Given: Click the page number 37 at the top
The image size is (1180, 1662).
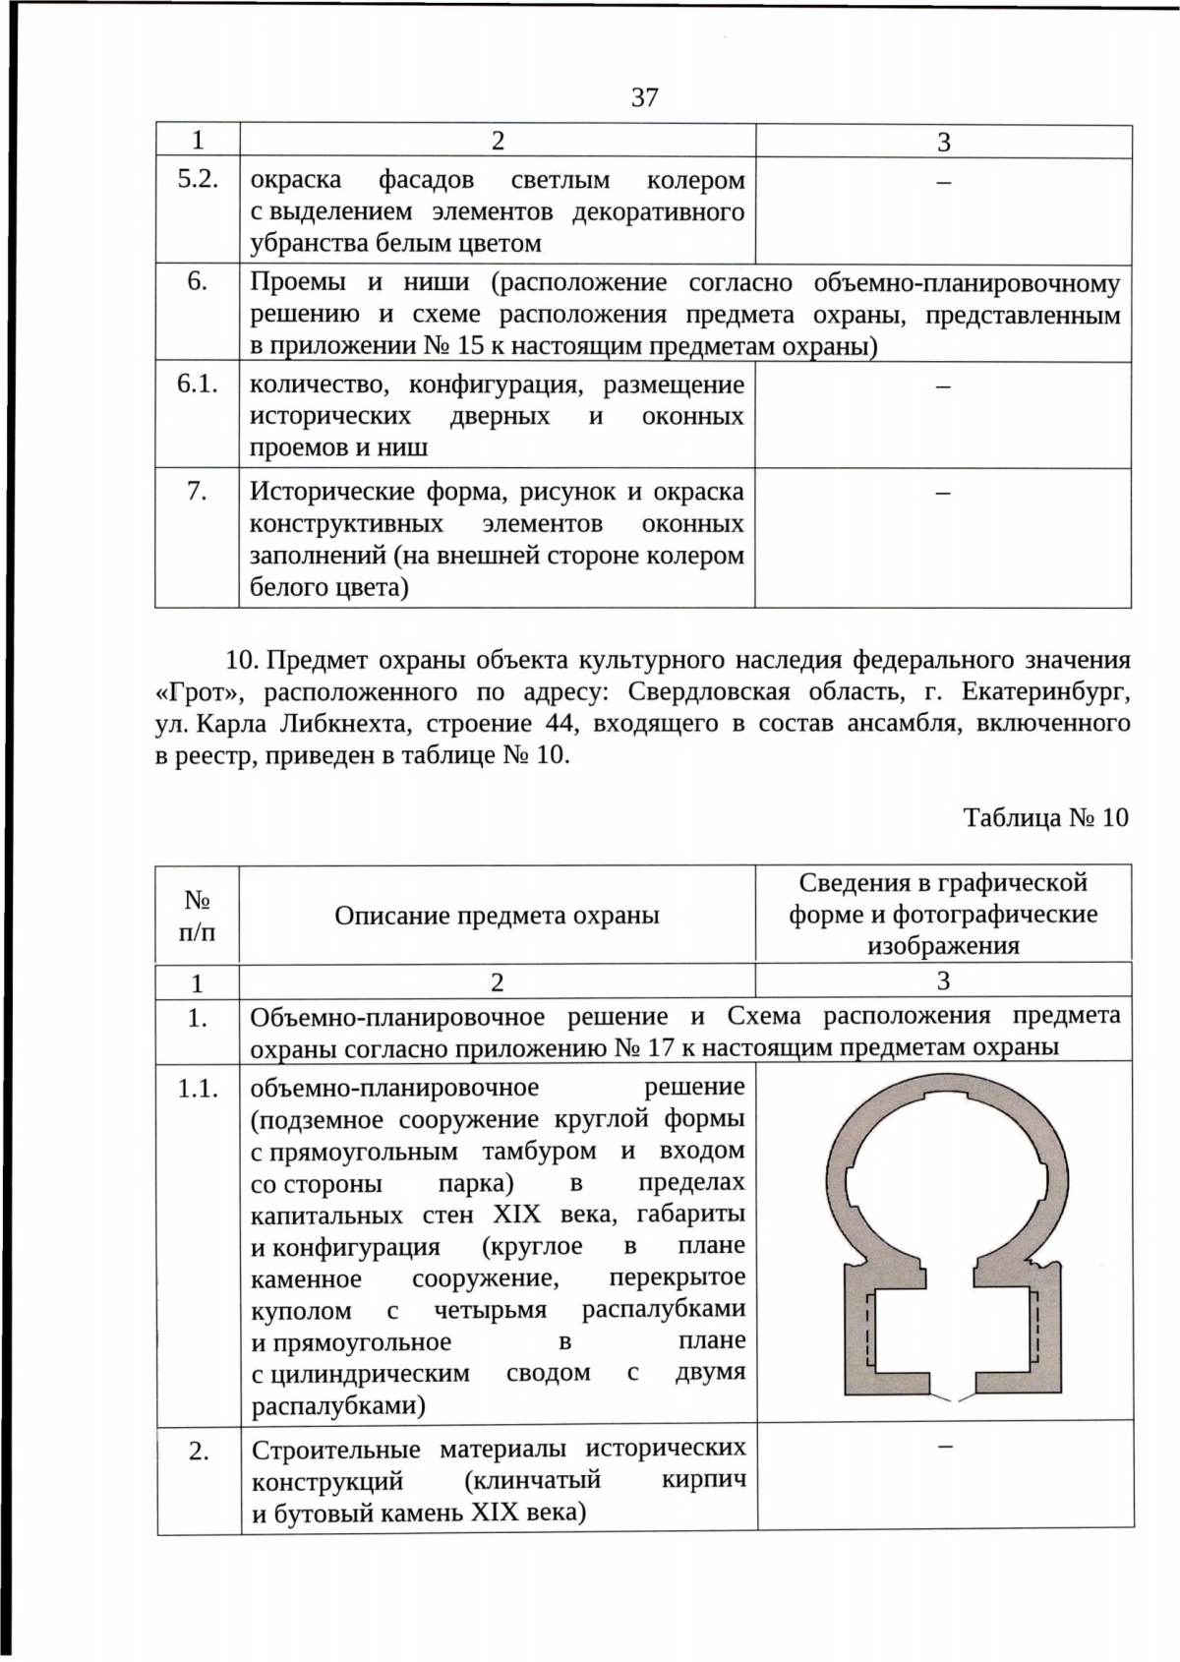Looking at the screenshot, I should coord(644,97).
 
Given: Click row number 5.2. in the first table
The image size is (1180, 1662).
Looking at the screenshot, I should coord(197,180).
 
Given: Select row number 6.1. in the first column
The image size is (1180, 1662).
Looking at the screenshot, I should coord(197,385).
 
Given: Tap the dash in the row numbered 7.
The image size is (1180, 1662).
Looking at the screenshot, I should coord(942,492).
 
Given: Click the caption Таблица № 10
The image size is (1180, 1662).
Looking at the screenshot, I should coord(1045,817).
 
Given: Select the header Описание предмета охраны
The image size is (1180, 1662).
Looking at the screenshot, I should coord(497,916).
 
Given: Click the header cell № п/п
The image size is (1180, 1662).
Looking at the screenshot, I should coord(197,915).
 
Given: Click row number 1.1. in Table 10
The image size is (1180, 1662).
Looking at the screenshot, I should coord(198,1089).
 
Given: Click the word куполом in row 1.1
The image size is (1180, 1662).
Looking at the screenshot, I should coord(301,1311).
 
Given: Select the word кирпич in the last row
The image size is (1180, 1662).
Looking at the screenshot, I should coord(703,1480).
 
